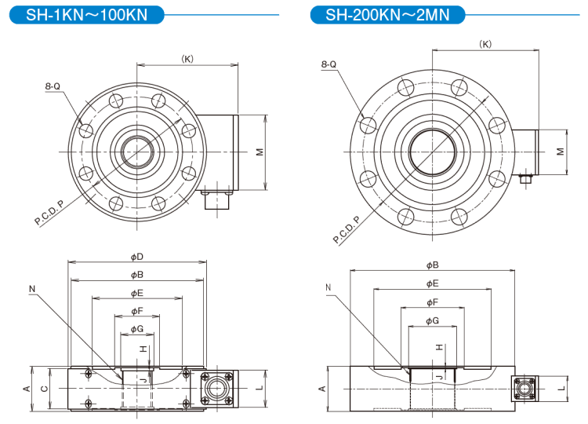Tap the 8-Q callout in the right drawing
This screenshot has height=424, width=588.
pyautogui.click(x=328, y=64)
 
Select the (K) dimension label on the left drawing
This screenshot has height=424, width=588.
pyautogui.click(x=187, y=58)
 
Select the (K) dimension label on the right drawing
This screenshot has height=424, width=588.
pyautogui.click(x=485, y=44)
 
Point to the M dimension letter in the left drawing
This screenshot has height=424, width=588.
pyautogui.click(x=259, y=152)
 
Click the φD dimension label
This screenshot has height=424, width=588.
pyautogui.click(x=136, y=257)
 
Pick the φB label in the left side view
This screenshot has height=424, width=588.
pyautogui.click(x=136, y=275)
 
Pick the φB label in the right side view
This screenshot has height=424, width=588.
pyautogui.click(x=432, y=265)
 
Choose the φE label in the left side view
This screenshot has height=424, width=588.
pyautogui.click(x=136, y=293)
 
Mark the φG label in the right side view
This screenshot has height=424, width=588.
pyautogui.click(x=432, y=320)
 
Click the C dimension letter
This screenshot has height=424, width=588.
pyautogui.click(x=44, y=389)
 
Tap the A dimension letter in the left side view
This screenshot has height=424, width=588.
pyautogui.click(x=26, y=389)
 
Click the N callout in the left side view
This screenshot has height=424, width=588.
pyautogui.click(x=32, y=289)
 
